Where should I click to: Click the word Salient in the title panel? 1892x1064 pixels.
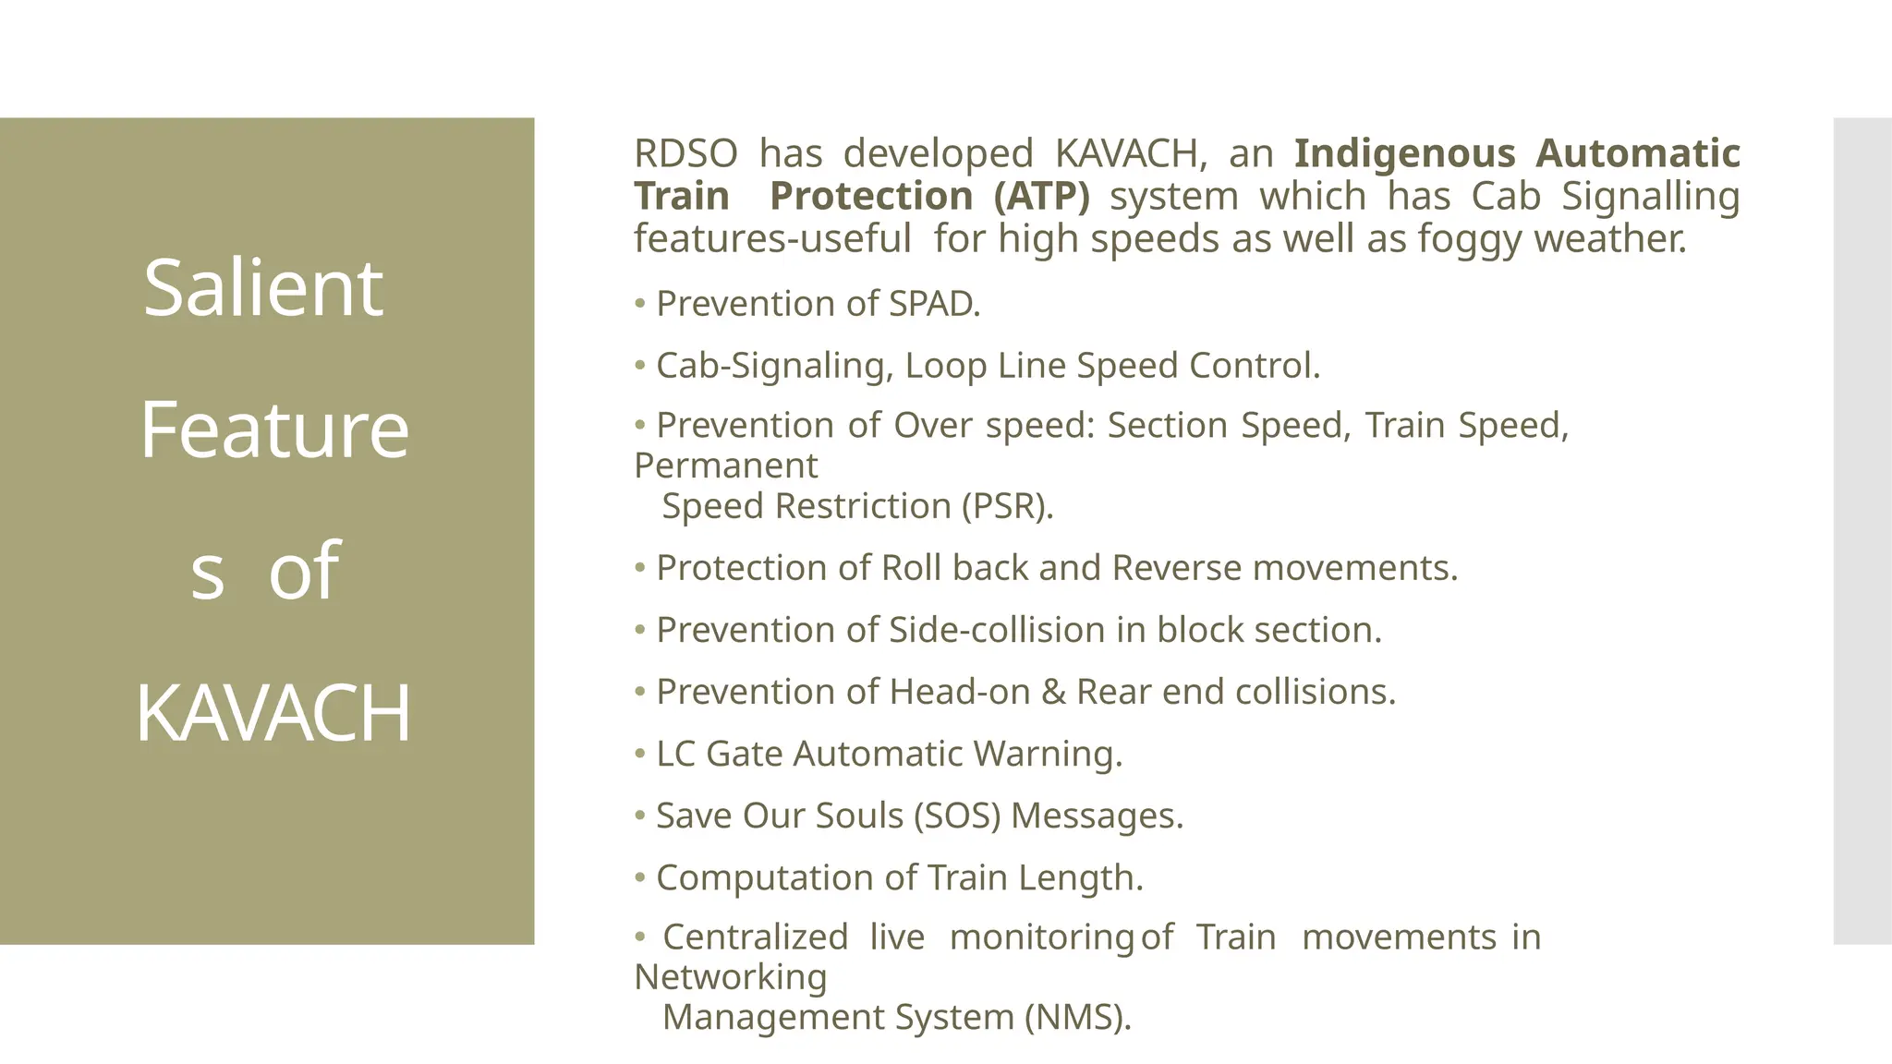[263, 288]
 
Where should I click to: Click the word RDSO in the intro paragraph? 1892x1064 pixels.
[685, 153]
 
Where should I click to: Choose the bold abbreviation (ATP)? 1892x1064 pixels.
[1041, 196]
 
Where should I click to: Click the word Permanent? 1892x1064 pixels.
[726, 465]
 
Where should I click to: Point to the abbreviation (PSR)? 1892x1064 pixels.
[1007, 506]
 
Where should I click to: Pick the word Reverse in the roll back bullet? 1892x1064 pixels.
[1176, 568]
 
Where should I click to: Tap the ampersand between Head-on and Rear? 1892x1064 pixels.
[1053, 692]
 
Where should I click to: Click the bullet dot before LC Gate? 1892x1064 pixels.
[639, 754]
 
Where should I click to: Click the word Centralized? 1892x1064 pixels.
[755, 937]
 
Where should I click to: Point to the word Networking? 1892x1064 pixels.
[731, 977]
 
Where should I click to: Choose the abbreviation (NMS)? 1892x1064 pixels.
[1077, 1017]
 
